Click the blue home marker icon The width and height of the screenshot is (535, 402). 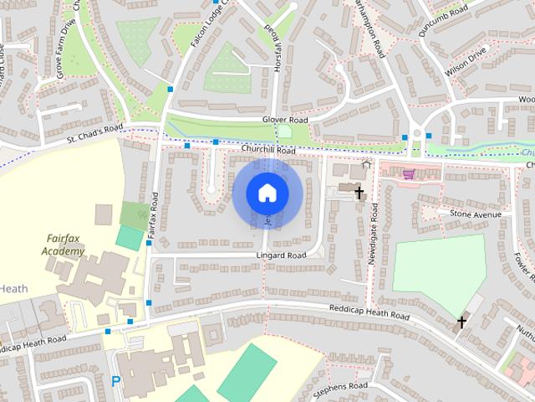[x=267, y=193]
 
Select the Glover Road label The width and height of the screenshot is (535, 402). [x=285, y=121]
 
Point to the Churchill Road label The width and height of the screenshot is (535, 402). [x=267, y=150]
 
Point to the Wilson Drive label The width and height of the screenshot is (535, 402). [x=466, y=62]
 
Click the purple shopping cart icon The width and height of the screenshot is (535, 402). [x=408, y=174]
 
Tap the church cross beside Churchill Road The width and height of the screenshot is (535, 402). [x=359, y=193]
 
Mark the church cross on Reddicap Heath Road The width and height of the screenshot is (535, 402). [x=461, y=322]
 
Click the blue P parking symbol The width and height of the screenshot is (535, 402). [x=115, y=381]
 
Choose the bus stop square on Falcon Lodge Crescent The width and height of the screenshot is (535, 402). [x=171, y=88]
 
